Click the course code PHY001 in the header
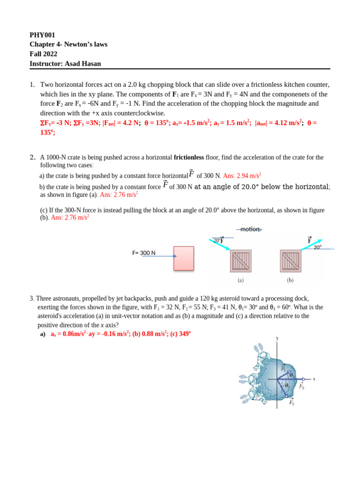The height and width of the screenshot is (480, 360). pyautogui.click(x=42, y=35)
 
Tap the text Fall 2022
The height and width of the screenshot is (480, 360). pyautogui.click(x=43, y=54)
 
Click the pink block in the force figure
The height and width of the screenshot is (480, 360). pyautogui.click(x=184, y=258)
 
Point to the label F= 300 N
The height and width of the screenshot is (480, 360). pyautogui.click(x=143, y=253)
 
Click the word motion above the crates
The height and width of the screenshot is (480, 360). pyautogui.click(x=249, y=229)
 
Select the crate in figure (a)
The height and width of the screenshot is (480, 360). pyautogui.click(x=240, y=261)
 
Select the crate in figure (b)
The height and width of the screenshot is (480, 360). pyautogui.click(x=291, y=261)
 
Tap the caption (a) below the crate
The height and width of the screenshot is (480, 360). pyautogui.click(x=240, y=280)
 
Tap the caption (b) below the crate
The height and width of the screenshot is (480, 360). pyautogui.click(x=291, y=280)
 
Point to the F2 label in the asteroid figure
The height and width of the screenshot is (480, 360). pyautogui.click(x=302, y=387)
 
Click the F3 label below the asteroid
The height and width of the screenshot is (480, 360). pyautogui.click(x=291, y=402)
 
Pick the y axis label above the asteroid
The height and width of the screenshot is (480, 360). pyautogui.click(x=277, y=338)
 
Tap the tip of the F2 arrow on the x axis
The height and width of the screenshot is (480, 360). pyautogui.click(x=305, y=379)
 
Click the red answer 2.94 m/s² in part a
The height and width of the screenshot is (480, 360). pyautogui.click(x=242, y=176)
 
